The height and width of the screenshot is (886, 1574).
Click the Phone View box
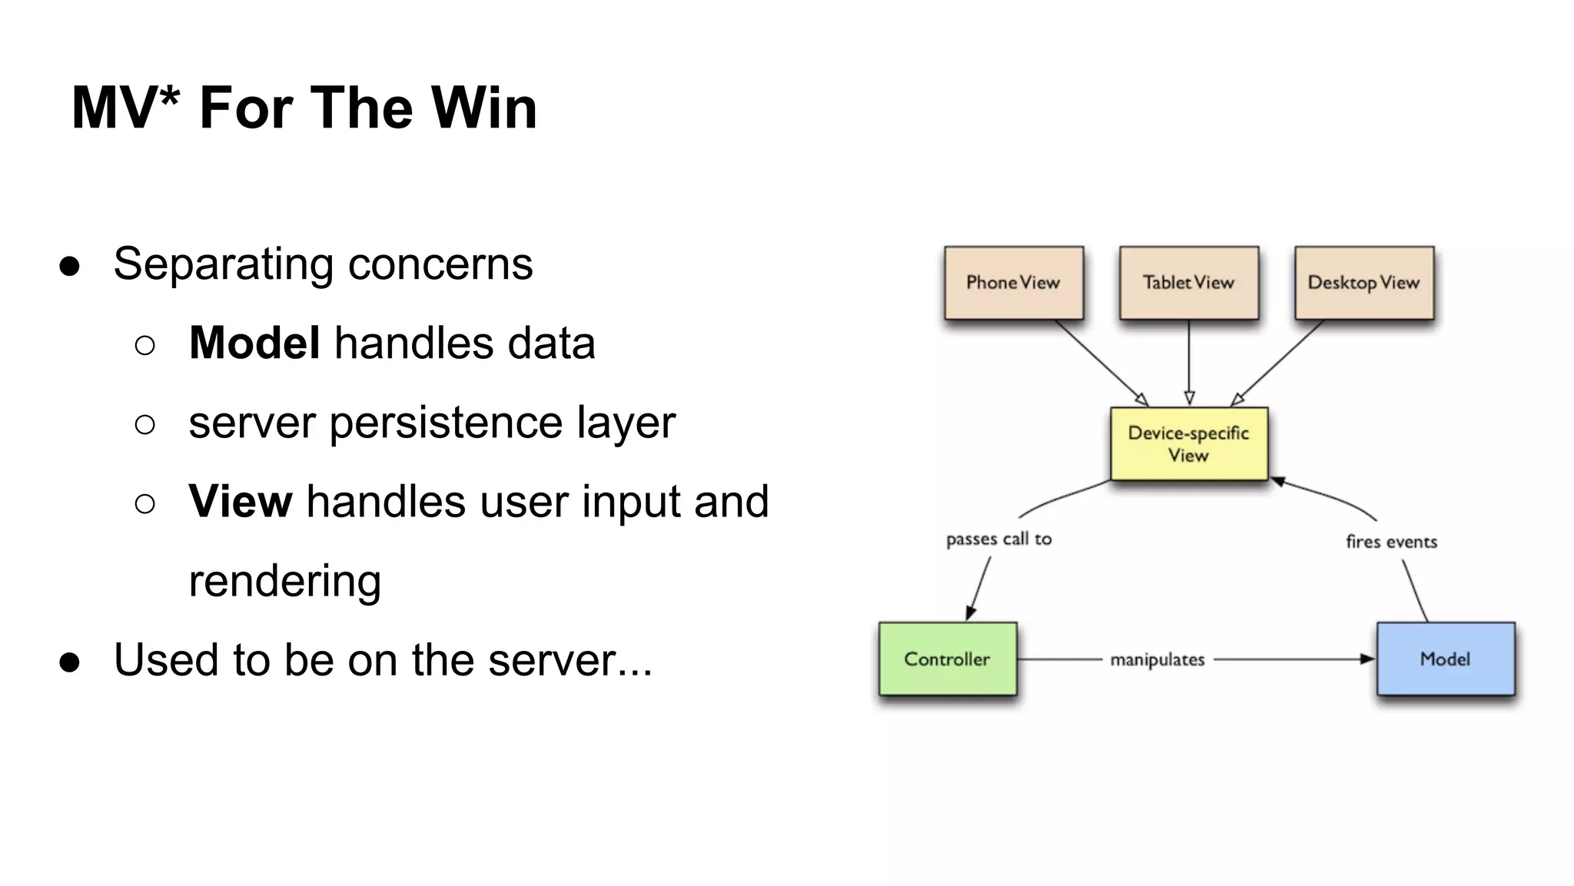(x=1013, y=282)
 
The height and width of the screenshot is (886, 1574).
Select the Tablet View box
(x=1188, y=282)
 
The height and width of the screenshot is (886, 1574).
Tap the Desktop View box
(x=1363, y=282)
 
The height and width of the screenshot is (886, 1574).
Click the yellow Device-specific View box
(x=1188, y=443)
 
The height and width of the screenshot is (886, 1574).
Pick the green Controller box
(x=947, y=659)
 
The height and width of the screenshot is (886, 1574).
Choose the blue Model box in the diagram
(x=1445, y=659)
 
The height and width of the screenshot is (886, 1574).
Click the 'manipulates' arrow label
(x=1157, y=659)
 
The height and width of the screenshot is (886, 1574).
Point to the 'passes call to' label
(x=998, y=539)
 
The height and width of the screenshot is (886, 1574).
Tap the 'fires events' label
(x=1391, y=542)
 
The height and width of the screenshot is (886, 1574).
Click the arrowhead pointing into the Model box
(x=1367, y=659)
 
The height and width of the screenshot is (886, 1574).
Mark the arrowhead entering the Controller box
(x=971, y=612)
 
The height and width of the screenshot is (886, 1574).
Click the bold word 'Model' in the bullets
(x=254, y=343)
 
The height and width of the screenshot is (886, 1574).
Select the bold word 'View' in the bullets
(x=240, y=501)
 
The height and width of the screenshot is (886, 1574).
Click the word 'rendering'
(x=284, y=582)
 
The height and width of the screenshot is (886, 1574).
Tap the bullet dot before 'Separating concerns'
(x=69, y=266)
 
